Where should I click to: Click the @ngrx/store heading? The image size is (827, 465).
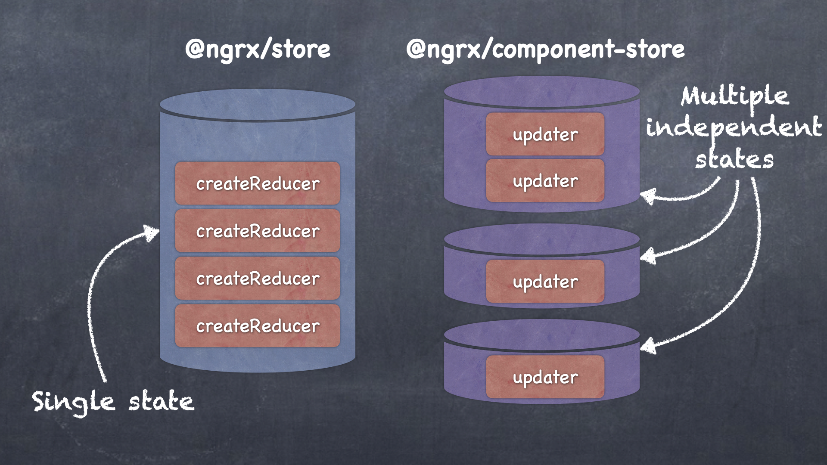click(x=258, y=49)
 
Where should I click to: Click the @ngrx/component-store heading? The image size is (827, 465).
click(x=545, y=49)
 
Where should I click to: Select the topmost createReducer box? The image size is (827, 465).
click(x=258, y=183)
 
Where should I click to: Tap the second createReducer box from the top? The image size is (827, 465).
click(x=258, y=231)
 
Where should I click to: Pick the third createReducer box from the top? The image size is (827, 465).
click(x=258, y=278)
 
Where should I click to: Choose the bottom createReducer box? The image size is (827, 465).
click(x=258, y=325)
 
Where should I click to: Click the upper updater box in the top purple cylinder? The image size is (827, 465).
click(x=545, y=134)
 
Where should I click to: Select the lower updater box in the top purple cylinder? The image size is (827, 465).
click(x=545, y=181)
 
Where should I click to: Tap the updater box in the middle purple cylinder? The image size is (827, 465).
click(x=545, y=282)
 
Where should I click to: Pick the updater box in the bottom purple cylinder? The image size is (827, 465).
click(x=545, y=377)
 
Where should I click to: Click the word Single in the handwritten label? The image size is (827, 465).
click(x=73, y=402)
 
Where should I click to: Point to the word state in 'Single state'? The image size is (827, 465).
click(x=161, y=401)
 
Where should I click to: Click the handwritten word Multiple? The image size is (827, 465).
click(x=735, y=96)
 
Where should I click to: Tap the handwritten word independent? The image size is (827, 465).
click(x=734, y=127)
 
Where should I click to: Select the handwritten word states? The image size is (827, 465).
click(x=734, y=159)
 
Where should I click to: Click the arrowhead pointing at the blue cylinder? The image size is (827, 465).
click(x=152, y=233)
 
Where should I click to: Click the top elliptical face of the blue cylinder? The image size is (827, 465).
click(x=258, y=104)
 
